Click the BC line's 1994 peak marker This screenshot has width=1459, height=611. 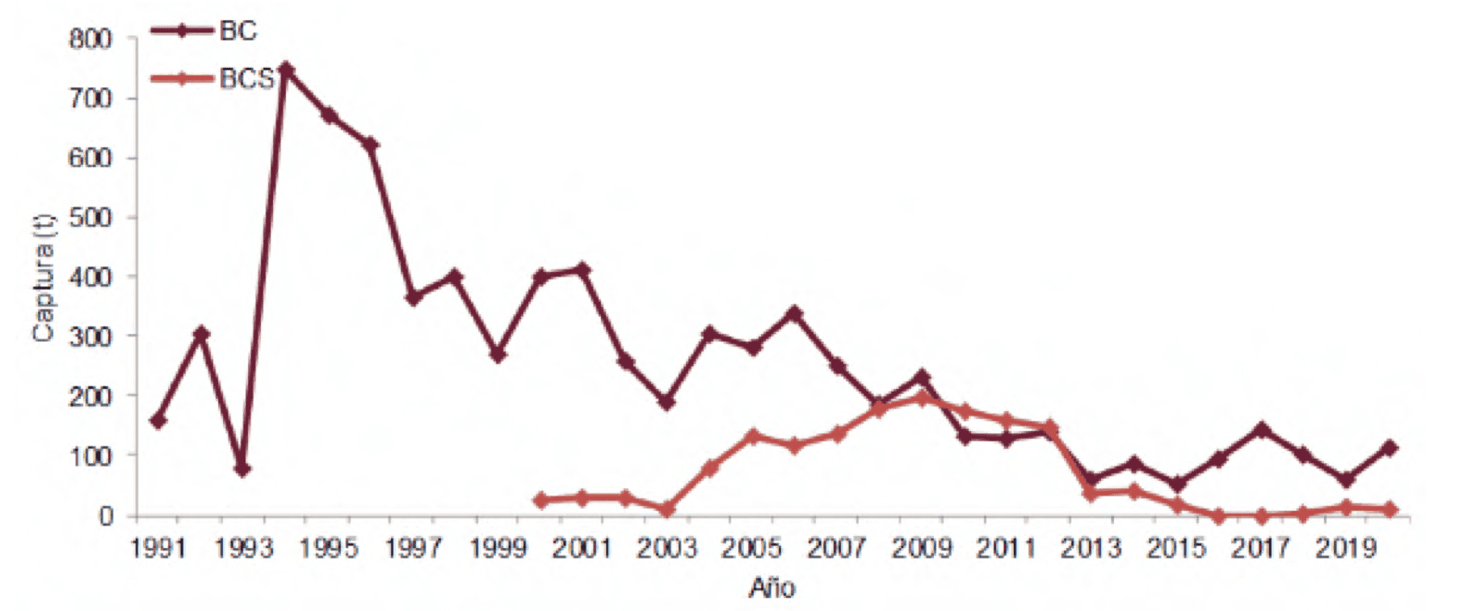pyautogui.click(x=286, y=70)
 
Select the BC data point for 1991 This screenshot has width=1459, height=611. pyautogui.click(x=158, y=421)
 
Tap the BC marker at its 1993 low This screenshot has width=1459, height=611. pyautogui.click(x=243, y=469)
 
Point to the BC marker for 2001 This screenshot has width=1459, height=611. pyautogui.click(x=582, y=270)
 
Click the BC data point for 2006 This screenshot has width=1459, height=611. pyautogui.click(x=795, y=313)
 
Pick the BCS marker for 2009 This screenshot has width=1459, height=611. pyautogui.click(x=923, y=398)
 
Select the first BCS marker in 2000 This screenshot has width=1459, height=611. pyautogui.click(x=540, y=500)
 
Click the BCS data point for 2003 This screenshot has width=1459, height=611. pyautogui.click(x=667, y=509)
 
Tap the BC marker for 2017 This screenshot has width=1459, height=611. pyautogui.click(x=1262, y=430)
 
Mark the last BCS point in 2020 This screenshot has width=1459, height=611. pyautogui.click(x=1390, y=509)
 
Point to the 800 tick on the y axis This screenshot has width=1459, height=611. pyautogui.click(x=90, y=39)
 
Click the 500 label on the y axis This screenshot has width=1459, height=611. pyautogui.click(x=90, y=218)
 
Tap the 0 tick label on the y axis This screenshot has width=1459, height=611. pyautogui.click(x=106, y=517)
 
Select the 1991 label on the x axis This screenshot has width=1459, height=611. pyautogui.click(x=158, y=549)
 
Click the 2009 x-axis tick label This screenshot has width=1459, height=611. pyautogui.click(x=923, y=549)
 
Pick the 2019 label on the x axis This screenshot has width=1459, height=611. pyautogui.click(x=1347, y=549)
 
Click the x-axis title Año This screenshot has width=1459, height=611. pyautogui.click(x=772, y=588)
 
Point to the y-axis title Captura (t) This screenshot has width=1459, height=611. pyautogui.click(x=44, y=278)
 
